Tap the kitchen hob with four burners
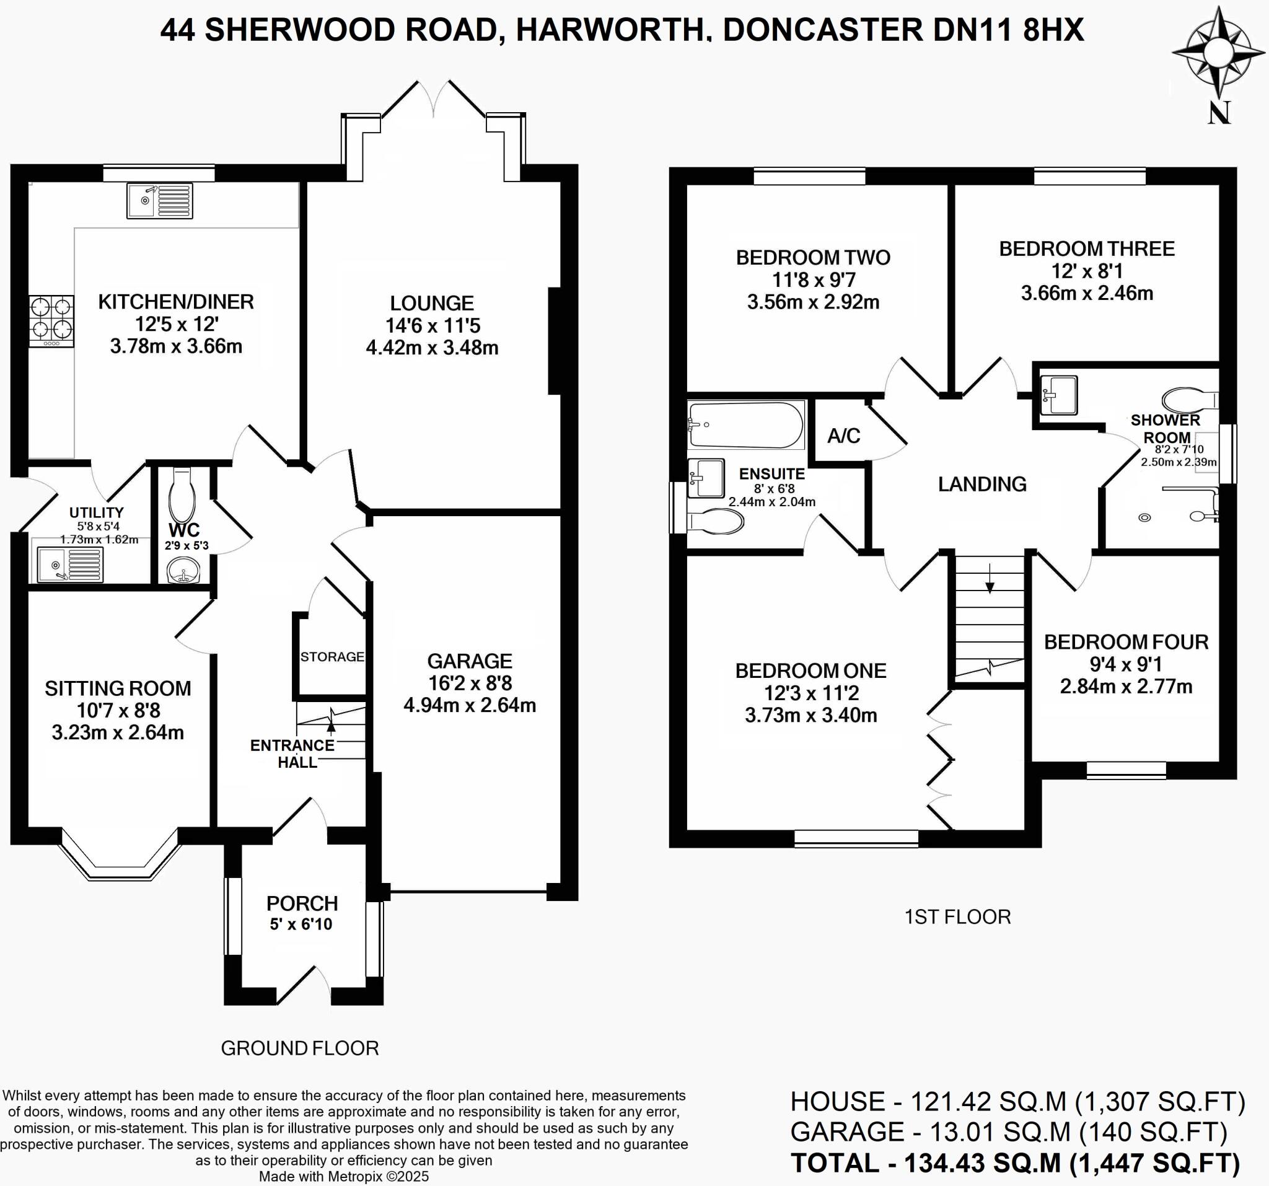tap(51, 320)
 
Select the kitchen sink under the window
tap(159, 200)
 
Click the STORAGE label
tap(332, 657)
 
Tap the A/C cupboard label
tap(843, 436)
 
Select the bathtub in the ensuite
tap(745, 424)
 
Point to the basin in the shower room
tap(1058, 395)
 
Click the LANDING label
tap(981, 485)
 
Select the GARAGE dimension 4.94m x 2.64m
tap(469, 705)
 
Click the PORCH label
tap(302, 904)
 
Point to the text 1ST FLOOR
tap(957, 917)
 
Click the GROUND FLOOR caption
tap(299, 1048)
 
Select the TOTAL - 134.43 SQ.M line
tap(1015, 1163)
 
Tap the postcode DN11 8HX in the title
tap(1008, 30)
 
